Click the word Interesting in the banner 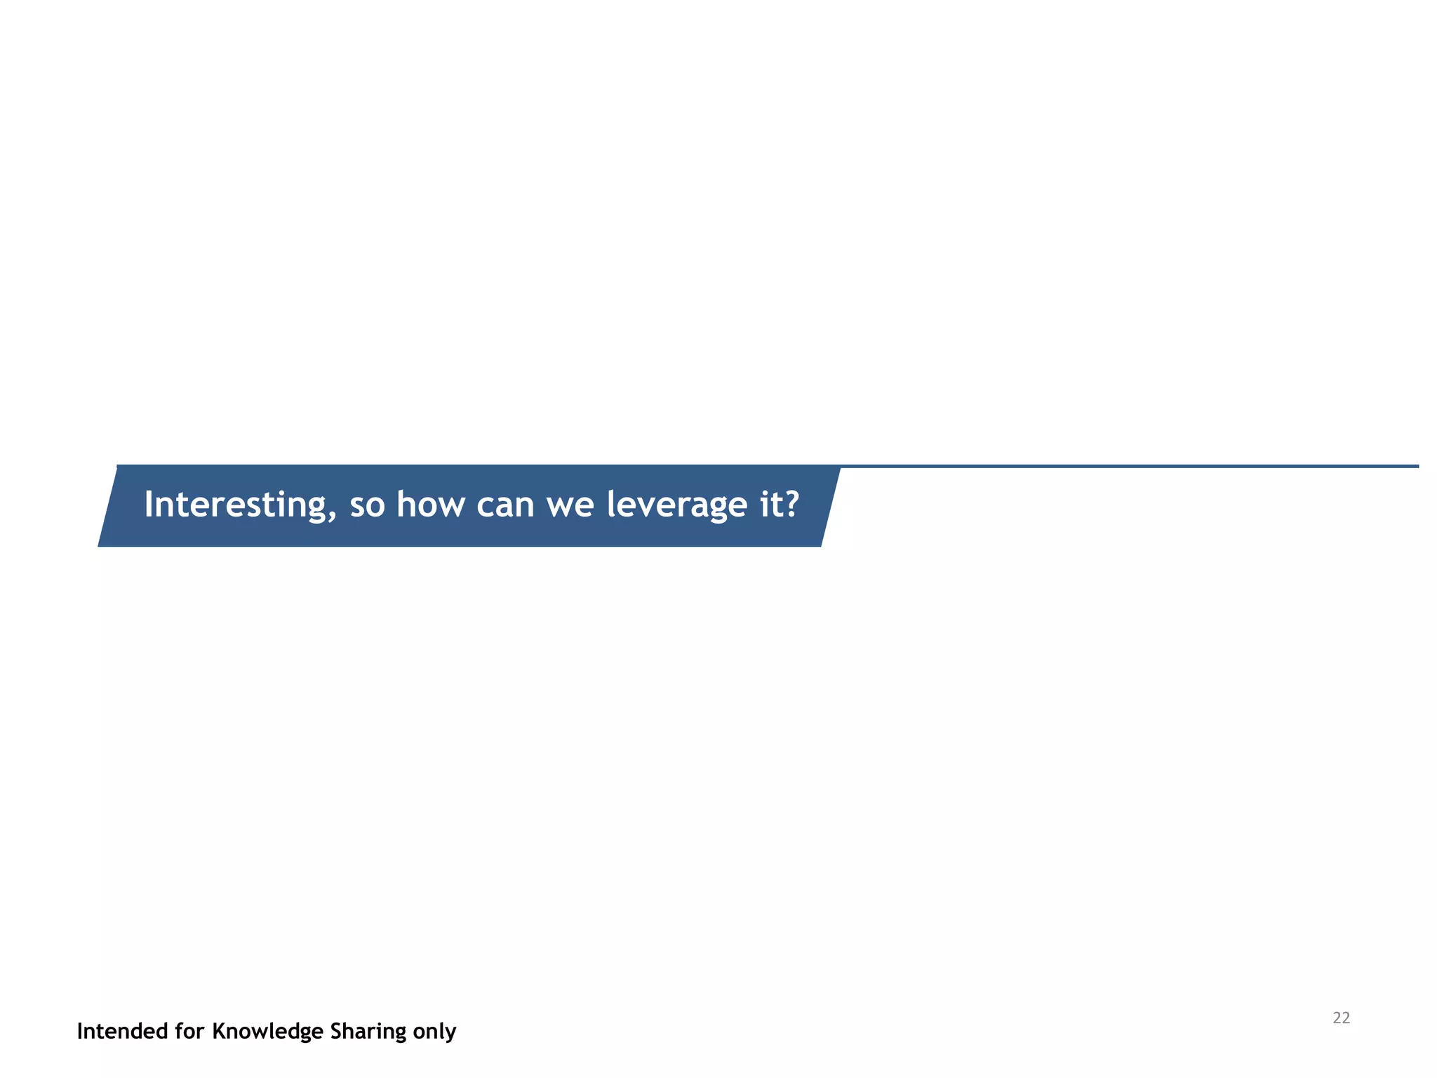(x=235, y=505)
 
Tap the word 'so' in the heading (x=367, y=505)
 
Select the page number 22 (x=1341, y=1018)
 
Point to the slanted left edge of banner (x=108, y=505)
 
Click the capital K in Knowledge (x=219, y=1031)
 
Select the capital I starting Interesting (x=148, y=504)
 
